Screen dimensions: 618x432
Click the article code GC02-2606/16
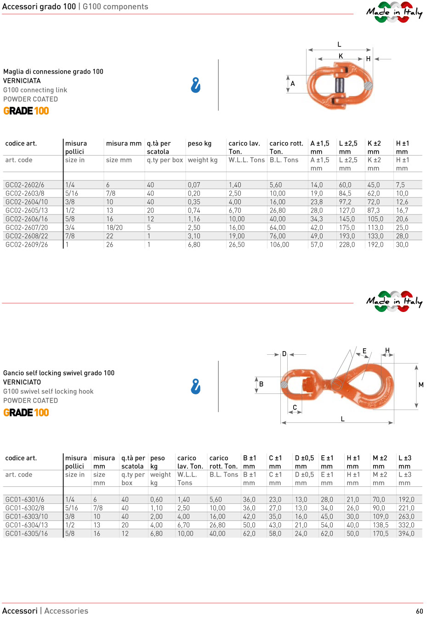(x=26, y=219)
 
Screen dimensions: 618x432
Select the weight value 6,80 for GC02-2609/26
(x=194, y=245)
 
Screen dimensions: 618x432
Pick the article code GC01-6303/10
(x=26, y=517)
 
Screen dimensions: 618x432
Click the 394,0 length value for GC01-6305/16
(x=406, y=534)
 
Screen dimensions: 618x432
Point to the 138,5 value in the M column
(x=380, y=525)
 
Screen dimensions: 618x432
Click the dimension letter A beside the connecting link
(x=293, y=84)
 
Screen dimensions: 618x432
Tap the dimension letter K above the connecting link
(x=341, y=56)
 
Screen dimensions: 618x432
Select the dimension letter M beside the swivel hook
(x=421, y=385)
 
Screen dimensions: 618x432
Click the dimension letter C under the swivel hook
(x=295, y=407)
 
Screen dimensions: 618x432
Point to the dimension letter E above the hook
(x=364, y=351)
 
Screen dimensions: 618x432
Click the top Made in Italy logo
(x=394, y=12)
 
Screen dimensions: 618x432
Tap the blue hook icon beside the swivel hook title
(x=196, y=387)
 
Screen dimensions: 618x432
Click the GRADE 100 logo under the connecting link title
(x=26, y=111)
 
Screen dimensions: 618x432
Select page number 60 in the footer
(x=419, y=611)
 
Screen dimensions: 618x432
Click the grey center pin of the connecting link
(x=340, y=85)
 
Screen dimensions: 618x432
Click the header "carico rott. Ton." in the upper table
(x=286, y=147)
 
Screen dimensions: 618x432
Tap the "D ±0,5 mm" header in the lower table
(x=304, y=462)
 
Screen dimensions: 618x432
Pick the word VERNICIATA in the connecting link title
(x=22, y=81)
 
